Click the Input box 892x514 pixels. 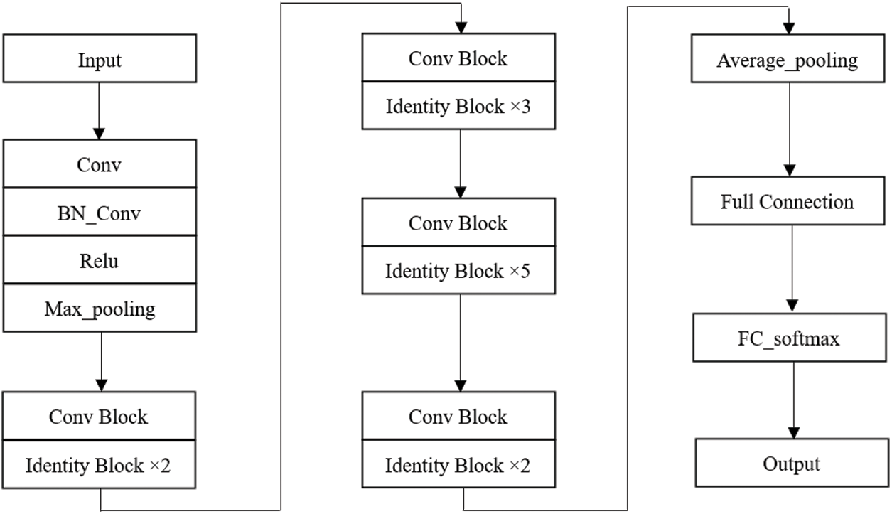click(x=100, y=60)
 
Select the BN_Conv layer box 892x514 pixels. click(x=100, y=213)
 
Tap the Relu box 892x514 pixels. click(x=100, y=261)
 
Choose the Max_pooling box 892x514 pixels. click(x=100, y=309)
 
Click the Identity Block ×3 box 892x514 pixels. click(x=458, y=107)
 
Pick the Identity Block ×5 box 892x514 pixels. click(x=458, y=271)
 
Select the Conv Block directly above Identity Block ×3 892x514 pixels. click(x=458, y=58)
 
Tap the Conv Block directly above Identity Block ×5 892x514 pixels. click(x=458, y=223)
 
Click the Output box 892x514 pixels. click(x=791, y=464)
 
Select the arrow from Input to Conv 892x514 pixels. click(x=100, y=110)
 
